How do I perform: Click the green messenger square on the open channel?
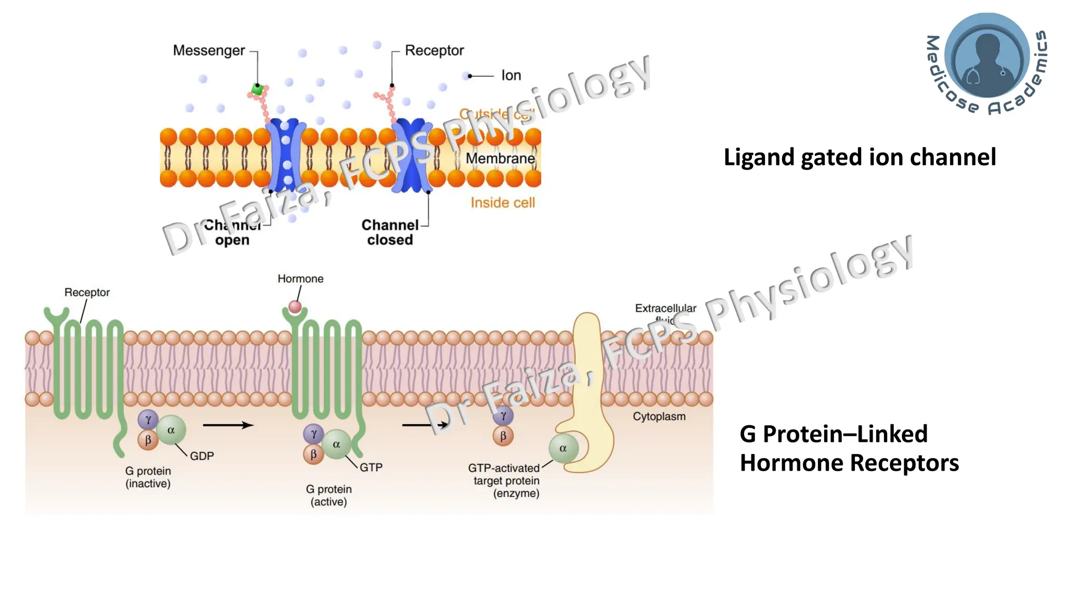pos(257,89)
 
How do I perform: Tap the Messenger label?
pos(209,50)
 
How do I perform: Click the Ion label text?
pos(511,75)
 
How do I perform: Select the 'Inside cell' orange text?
pos(502,202)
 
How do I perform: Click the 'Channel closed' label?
pos(390,232)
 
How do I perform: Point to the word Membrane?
pos(500,158)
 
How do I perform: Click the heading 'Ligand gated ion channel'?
pos(860,157)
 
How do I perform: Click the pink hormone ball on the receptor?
pos(295,307)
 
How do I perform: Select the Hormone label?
pos(300,279)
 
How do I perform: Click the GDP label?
pos(202,456)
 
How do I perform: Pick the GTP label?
pos(371,467)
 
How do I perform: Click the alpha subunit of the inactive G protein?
pos(171,430)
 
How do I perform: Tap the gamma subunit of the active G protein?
pos(314,434)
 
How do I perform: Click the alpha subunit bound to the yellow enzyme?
pos(563,448)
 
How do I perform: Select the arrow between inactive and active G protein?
pos(228,425)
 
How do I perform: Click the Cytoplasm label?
pos(659,416)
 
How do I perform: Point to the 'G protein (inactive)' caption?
pos(148,477)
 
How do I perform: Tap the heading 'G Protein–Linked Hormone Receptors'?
pos(849,448)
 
